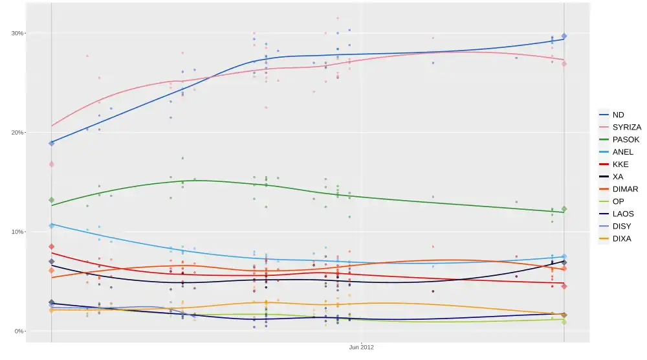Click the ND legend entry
[618, 115]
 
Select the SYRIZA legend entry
[626, 127]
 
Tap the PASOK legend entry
[625, 139]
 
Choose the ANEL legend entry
[622, 152]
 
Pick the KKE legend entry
[620, 164]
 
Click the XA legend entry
[618, 176]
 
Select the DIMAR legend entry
[624, 189]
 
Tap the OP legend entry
[618, 201]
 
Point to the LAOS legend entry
[622, 214]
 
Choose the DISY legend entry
[621, 226]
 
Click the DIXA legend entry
[621, 238]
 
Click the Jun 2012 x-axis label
[361, 347]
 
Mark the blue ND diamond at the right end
[564, 36]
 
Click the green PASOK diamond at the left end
[51, 200]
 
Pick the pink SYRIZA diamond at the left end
[51, 164]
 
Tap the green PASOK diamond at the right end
[564, 209]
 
